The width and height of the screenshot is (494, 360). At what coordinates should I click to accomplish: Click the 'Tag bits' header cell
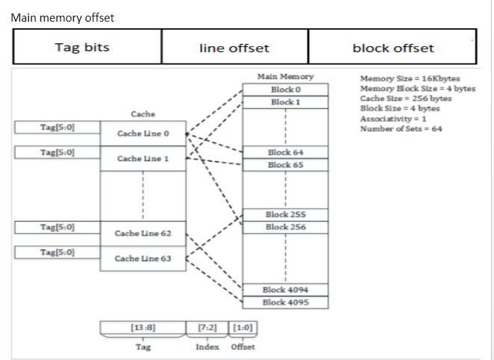(82, 48)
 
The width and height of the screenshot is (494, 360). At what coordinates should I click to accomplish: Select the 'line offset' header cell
(234, 48)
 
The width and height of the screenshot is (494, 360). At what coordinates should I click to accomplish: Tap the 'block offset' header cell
(393, 48)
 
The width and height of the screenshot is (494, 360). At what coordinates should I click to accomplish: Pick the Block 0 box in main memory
(286, 90)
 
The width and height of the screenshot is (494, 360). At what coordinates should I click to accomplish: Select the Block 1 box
(286, 102)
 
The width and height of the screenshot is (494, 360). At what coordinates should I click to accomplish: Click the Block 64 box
(286, 152)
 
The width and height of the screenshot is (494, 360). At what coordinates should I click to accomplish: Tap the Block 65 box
(286, 164)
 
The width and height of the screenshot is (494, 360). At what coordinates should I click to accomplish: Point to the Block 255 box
(286, 215)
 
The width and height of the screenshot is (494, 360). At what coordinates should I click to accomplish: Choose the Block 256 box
(286, 227)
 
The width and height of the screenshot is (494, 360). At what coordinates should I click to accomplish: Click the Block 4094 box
(286, 290)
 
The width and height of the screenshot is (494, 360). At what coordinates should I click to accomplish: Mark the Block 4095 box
(286, 302)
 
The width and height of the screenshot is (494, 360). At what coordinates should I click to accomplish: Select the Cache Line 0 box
(143, 134)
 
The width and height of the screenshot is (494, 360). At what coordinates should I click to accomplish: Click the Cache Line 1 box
(143, 159)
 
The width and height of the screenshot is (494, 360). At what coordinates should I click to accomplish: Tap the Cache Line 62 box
(143, 233)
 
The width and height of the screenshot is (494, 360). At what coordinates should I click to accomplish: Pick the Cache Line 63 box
(143, 258)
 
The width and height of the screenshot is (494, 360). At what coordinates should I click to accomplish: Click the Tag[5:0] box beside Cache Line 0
(57, 128)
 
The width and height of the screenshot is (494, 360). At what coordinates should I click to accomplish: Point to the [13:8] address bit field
(143, 327)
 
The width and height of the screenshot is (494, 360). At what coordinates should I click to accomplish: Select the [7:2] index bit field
(208, 327)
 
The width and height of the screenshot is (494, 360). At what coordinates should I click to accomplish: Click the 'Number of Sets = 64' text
(400, 129)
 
